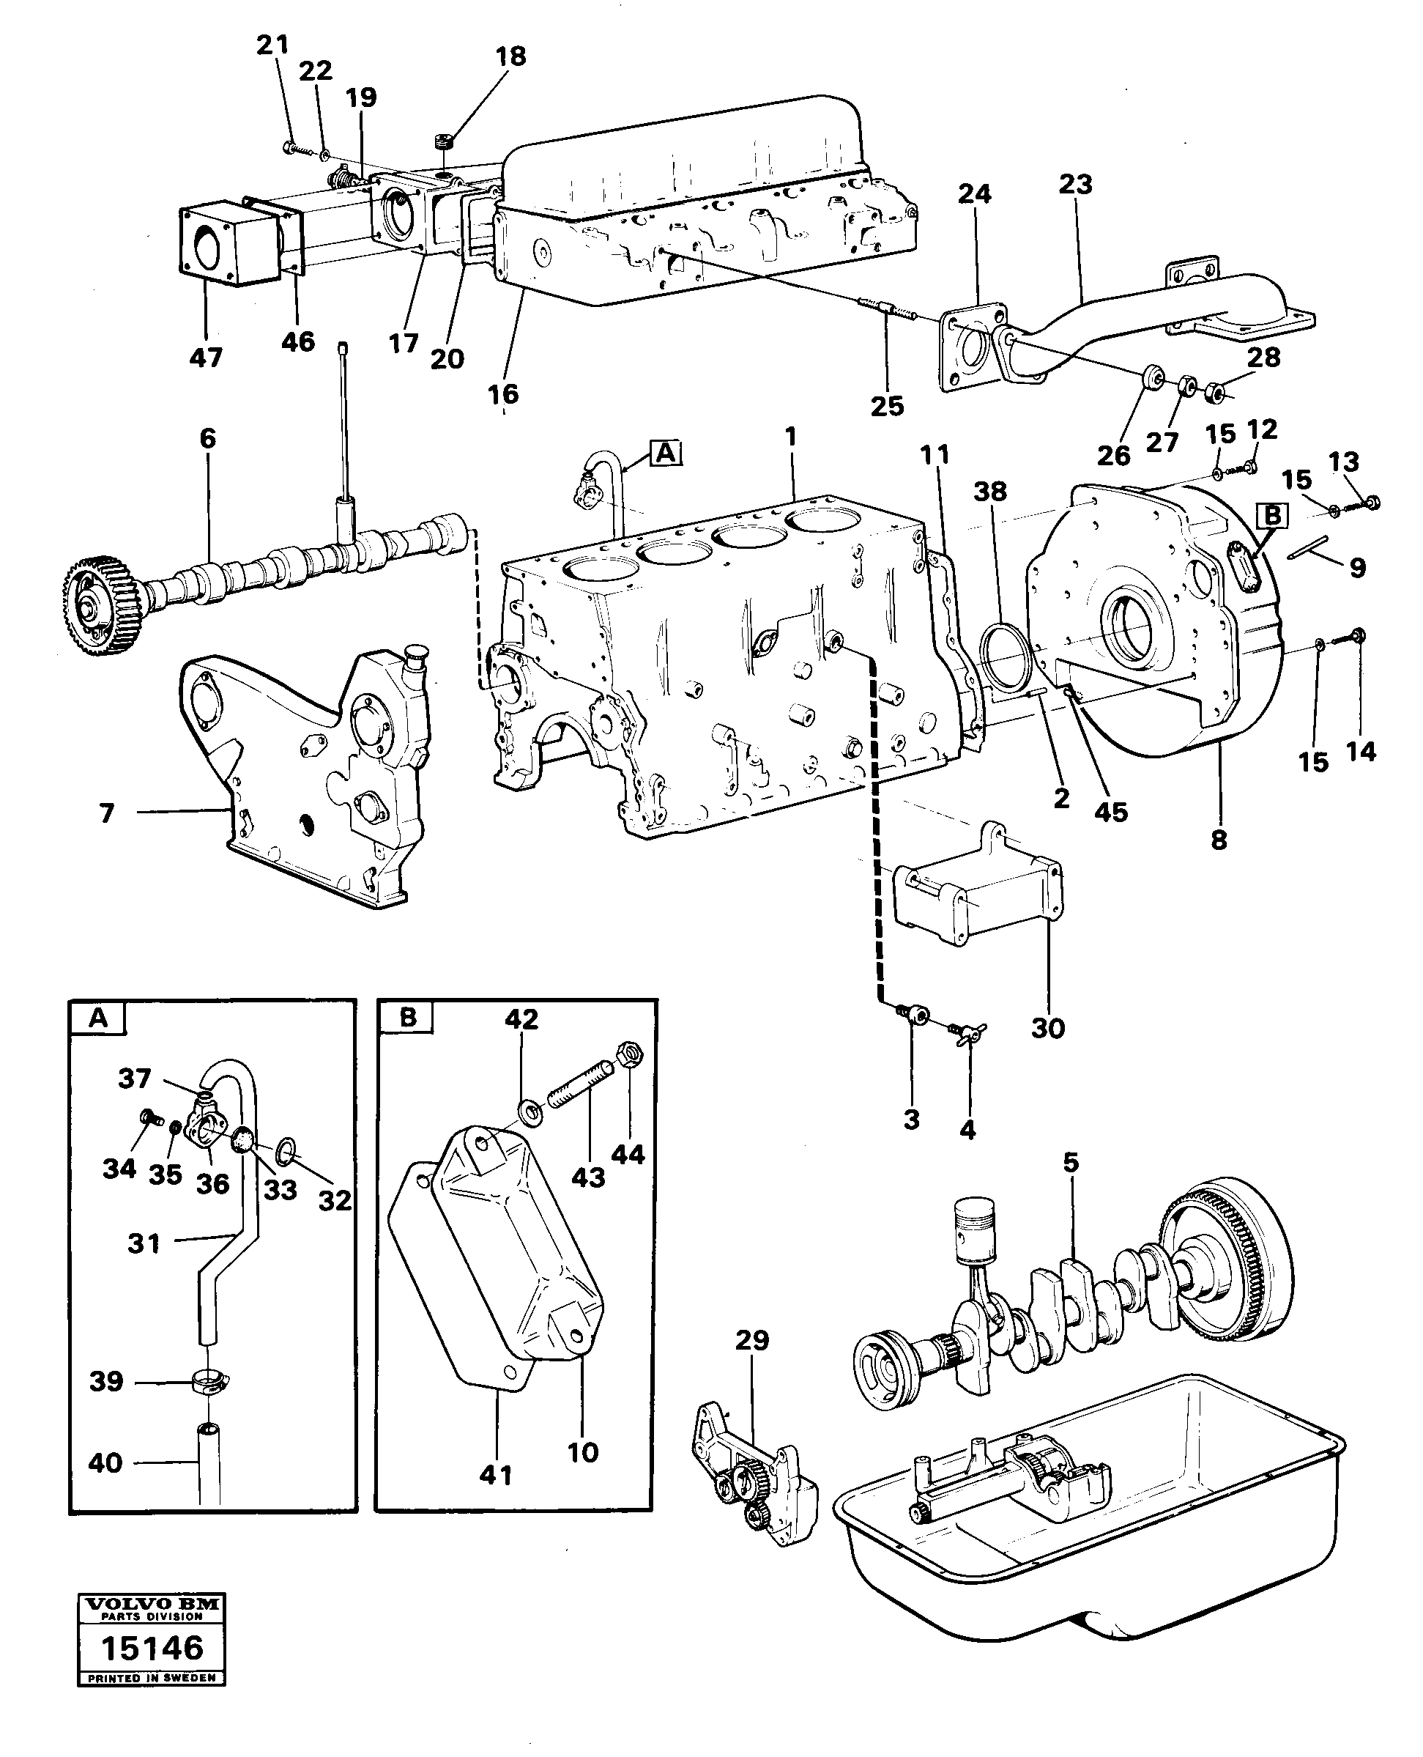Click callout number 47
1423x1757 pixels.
(x=205, y=358)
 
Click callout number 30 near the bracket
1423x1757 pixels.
(x=1047, y=1027)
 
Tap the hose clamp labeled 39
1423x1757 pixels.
(x=210, y=1383)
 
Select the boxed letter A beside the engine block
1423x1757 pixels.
(x=666, y=452)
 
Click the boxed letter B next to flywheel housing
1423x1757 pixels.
(x=1272, y=515)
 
